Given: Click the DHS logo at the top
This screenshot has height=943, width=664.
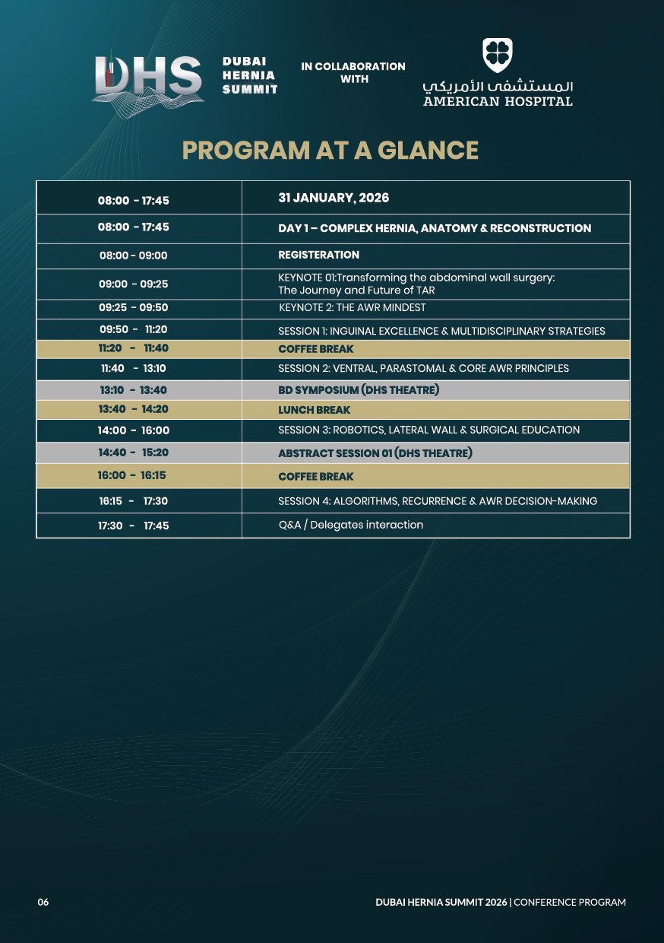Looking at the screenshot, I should [x=149, y=78].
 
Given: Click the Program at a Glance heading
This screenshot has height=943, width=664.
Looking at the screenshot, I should [x=330, y=151].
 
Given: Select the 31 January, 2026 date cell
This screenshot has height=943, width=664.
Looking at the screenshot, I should [x=334, y=198].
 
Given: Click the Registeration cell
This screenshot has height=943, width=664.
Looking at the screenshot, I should [x=319, y=255].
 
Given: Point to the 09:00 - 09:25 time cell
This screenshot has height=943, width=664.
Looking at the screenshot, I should [x=134, y=284].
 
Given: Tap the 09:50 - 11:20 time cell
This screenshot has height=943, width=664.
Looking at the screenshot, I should [x=134, y=330].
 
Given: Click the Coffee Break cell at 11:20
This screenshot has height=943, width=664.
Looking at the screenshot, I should [x=316, y=349].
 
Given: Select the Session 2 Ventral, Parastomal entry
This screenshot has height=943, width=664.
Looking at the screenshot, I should [x=423, y=368].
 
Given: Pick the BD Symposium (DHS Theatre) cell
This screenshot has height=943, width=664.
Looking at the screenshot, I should [x=359, y=390].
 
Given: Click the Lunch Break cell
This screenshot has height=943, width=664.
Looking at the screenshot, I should [x=315, y=410].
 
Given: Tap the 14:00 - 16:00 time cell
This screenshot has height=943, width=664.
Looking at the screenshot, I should [x=134, y=430].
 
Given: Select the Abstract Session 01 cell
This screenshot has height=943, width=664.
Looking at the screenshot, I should [x=375, y=453].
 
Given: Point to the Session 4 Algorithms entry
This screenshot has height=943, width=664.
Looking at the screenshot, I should [x=438, y=501].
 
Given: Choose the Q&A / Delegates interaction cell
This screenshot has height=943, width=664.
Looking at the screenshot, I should [x=350, y=525].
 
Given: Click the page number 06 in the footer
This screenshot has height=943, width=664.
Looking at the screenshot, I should [x=43, y=902].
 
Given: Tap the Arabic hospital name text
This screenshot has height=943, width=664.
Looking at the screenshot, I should [x=498, y=84].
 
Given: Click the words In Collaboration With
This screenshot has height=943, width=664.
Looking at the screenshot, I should [x=353, y=72].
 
